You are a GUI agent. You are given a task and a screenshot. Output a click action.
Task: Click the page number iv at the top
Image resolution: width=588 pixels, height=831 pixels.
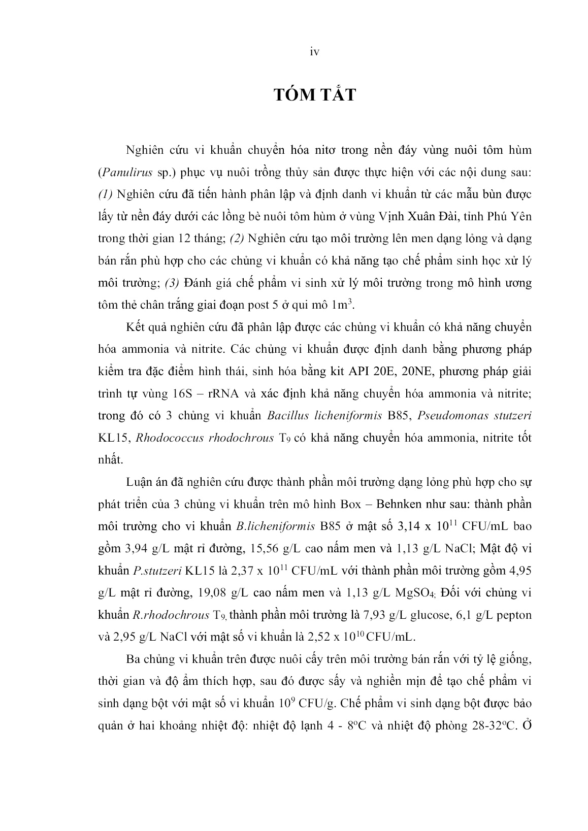coord(314,52)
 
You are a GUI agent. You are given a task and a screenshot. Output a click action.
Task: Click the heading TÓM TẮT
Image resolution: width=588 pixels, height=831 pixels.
coord(314,95)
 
